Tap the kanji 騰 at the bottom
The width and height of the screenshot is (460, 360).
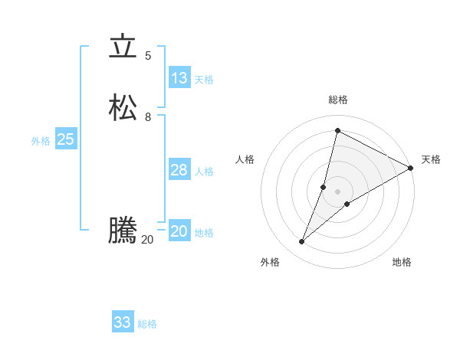(122, 231)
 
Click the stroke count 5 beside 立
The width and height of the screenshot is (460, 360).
(148, 55)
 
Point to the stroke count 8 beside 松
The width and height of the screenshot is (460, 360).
(148, 116)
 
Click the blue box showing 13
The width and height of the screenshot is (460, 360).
(179, 78)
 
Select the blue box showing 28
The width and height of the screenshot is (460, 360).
(179, 170)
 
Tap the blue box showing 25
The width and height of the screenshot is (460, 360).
(65, 139)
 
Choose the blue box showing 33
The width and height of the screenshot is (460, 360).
(123, 322)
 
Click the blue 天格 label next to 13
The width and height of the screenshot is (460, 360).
(204, 80)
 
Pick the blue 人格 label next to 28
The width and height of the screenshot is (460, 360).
(204, 172)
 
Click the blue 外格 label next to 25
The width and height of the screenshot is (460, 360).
(41, 141)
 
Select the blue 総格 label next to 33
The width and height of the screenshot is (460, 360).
(147, 324)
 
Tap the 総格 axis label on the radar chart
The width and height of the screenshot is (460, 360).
(338, 100)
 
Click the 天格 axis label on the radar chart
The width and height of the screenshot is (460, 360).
(431, 159)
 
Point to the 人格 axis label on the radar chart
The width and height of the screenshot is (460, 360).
(245, 159)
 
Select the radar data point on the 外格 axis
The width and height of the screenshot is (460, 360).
(301, 242)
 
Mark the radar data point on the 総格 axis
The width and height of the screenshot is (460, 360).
(337, 130)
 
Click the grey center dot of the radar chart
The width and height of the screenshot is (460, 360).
(337, 191)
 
